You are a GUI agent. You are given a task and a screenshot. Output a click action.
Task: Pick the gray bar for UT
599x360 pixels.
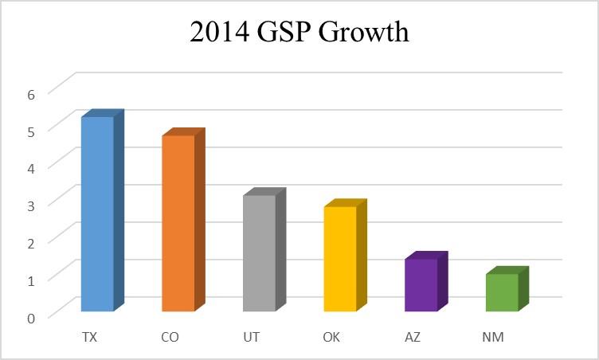[x=259, y=252]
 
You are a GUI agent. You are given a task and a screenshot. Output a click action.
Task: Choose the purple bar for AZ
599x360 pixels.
[x=421, y=284]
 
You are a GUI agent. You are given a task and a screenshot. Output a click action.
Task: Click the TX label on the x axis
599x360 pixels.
[x=89, y=338]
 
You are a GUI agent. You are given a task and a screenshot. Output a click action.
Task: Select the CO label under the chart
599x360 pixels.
[x=170, y=338]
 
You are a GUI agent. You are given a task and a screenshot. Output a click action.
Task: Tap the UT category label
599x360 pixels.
[x=251, y=338]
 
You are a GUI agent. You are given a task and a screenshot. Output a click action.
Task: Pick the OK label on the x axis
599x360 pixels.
[x=331, y=338]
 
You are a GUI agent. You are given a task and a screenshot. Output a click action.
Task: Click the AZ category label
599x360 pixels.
[x=413, y=338]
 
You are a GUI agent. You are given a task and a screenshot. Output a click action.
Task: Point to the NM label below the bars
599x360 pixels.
[x=494, y=338]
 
